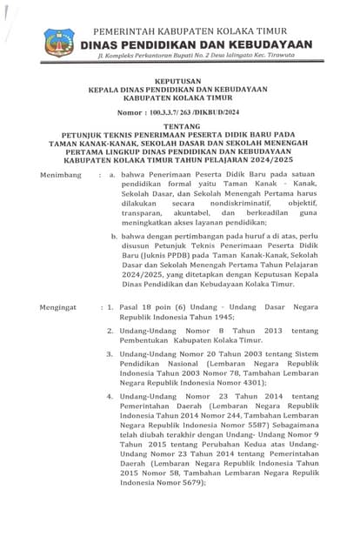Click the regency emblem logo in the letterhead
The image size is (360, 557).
59,41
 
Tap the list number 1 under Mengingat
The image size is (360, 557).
109,309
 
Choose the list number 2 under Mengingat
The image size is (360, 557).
110,332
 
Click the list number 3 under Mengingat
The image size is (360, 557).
110,355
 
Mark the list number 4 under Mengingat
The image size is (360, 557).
110,396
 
